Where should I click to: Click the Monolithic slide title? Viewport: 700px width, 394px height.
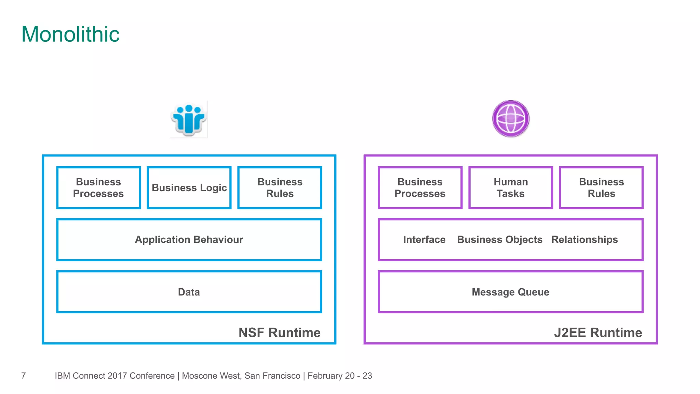pyautogui.click(x=70, y=35)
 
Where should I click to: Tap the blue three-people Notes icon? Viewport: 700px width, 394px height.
pyautogui.click(x=189, y=119)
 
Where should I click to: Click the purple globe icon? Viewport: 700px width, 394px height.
pyautogui.click(x=511, y=119)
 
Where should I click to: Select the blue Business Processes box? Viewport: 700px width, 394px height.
pyautogui.click(x=98, y=188)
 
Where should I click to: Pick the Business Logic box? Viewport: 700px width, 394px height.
pyautogui.click(x=189, y=188)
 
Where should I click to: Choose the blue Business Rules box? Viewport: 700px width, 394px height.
pyautogui.click(x=280, y=188)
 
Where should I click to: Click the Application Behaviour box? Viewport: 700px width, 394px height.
pyautogui.click(x=189, y=240)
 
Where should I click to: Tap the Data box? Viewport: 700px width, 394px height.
pyautogui.click(x=189, y=292)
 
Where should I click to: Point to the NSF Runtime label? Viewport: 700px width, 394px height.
pyautogui.click(x=279, y=333)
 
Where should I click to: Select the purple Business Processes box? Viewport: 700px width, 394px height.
pyautogui.click(x=420, y=188)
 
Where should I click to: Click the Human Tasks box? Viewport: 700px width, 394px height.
pyautogui.click(x=511, y=188)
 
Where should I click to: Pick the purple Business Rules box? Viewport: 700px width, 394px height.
pyautogui.click(x=601, y=188)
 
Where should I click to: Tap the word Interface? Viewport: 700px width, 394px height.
pyautogui.click(x=424, y=240)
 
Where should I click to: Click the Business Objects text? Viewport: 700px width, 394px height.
pyautogui.click(x=500, y=240)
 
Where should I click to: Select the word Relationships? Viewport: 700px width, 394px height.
pyautogui.click(x=584, y=240)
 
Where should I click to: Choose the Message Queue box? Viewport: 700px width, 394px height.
pyautogui.click(x=510, y=292)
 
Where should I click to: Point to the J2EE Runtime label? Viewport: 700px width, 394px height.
pyautogui.click(x=598, y=333)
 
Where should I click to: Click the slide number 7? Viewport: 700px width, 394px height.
pyautogui.click(x=24, y=376)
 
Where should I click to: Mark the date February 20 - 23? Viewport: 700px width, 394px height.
pyautogui.click(x=340, y=376)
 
